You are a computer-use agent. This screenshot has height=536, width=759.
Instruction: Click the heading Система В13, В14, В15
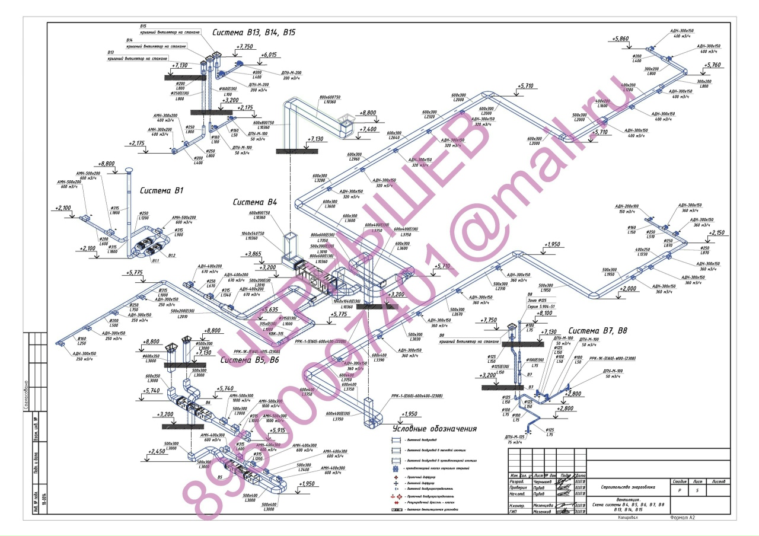click(x=254, y=33)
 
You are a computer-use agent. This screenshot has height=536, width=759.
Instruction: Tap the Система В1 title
click(x=162, y=191)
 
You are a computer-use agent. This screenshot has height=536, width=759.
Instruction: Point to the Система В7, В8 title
click(x=598, y=331)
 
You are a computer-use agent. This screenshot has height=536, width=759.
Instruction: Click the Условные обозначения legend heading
click(x=435, y=429)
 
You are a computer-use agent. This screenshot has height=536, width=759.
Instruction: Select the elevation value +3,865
click(x=253, y=254)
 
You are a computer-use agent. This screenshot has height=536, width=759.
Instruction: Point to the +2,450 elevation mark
click(x=157, y=451)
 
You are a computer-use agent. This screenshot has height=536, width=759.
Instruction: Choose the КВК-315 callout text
click(x=276, y=334)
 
